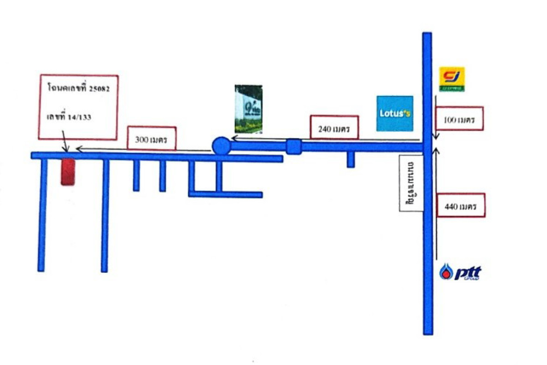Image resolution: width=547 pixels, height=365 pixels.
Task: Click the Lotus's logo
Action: (x=395, y=114)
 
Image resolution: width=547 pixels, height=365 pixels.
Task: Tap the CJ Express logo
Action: (x=451, y=79)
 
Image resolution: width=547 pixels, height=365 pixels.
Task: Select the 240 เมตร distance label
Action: (x=335, y=127)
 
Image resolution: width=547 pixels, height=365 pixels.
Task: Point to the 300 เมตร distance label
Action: (x=152, y=137)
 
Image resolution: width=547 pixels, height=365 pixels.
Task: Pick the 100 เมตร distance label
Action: (x=459, y=119)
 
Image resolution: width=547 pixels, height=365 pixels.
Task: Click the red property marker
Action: (x=67, y=172)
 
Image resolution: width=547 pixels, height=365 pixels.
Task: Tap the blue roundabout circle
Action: (x=222, y=146)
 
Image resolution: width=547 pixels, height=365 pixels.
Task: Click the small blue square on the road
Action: (x=294, y=146)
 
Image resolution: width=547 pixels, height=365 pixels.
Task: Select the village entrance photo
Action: (x=248, y=109)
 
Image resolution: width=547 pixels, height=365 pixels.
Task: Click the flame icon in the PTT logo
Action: (x=445, y=273)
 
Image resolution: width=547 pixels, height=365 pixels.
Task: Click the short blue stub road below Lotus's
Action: (x=351, y=160)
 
